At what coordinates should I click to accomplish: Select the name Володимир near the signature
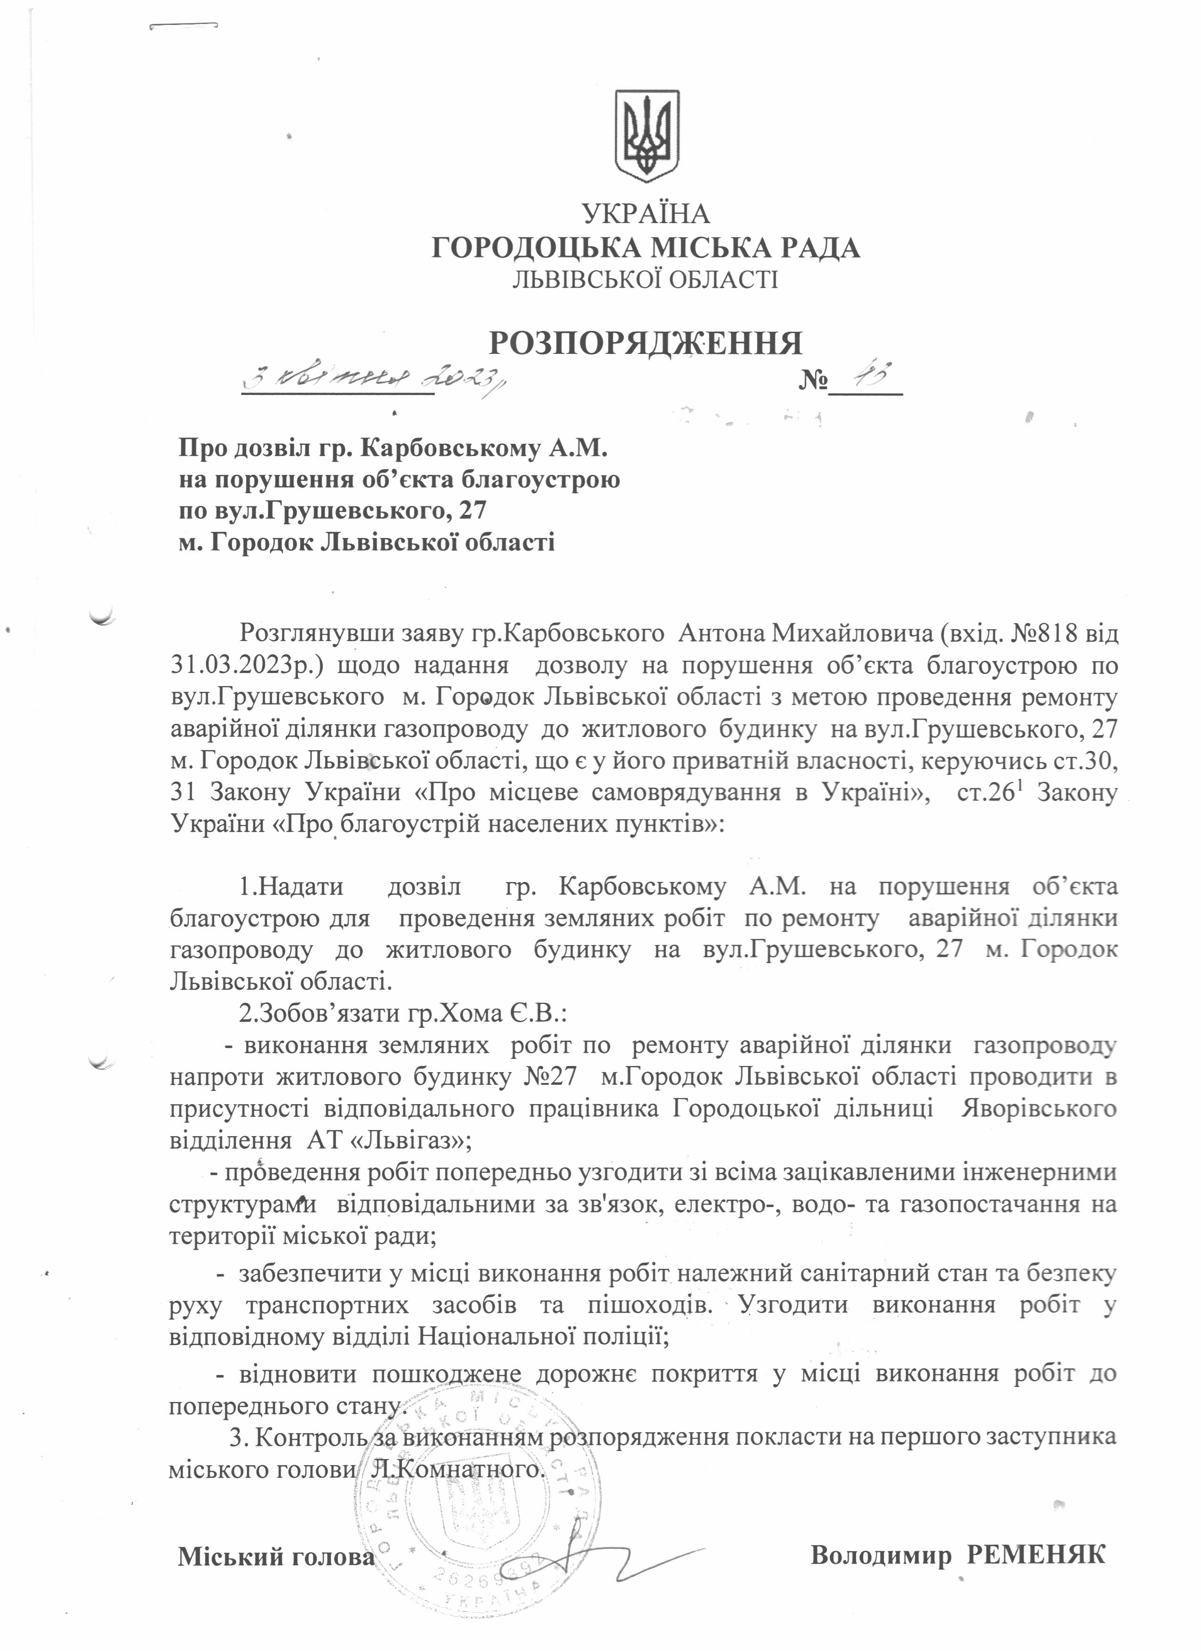pos(881,1552)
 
